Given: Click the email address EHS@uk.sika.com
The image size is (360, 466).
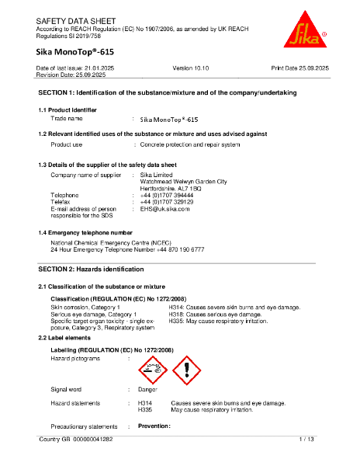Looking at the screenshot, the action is (x=164, y=209).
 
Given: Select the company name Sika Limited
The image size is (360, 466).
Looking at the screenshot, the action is (x=156, y=175).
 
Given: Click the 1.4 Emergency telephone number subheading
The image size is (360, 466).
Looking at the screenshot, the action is (x=85, y=232).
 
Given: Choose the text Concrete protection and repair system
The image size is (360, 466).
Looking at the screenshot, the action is (x=189, y=144).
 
